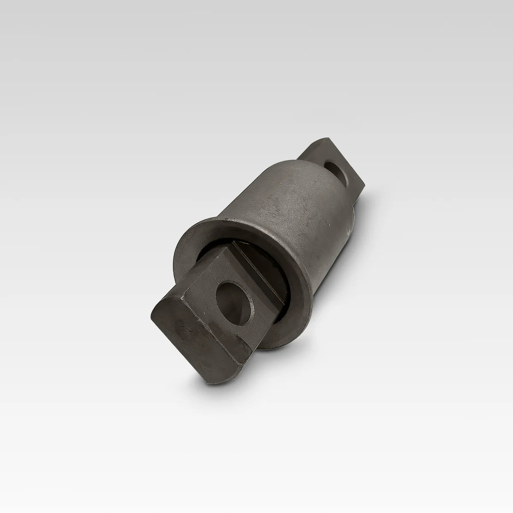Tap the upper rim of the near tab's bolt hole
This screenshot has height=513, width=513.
pyautogui.click(x=233, y=284)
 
